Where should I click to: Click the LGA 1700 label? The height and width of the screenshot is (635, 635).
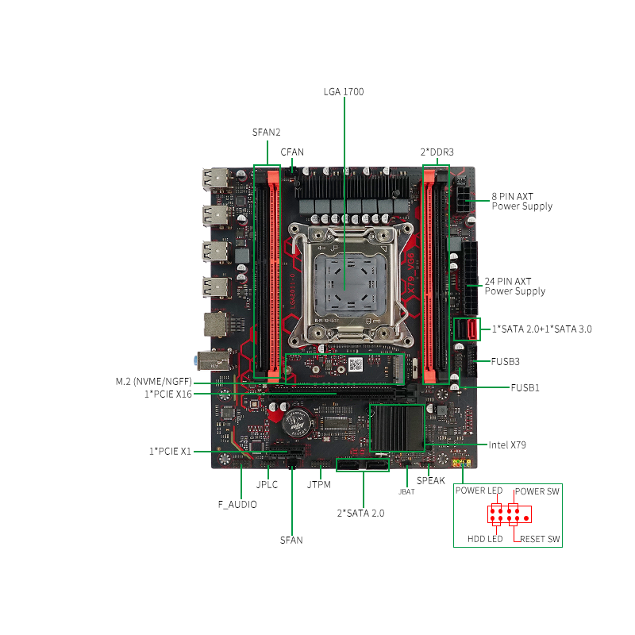[344, 92]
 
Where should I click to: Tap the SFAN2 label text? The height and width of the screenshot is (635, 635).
[266, 133]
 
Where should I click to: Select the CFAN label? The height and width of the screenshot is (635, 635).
[292, 152]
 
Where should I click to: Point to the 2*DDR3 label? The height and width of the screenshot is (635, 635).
[437, 152]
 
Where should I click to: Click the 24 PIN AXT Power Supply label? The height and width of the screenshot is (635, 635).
[514, 287]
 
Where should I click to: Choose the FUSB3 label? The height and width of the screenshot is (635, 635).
[505, 362]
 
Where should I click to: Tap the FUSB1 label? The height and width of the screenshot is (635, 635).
[525, 388]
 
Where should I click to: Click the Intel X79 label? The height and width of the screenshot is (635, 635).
[507, 445]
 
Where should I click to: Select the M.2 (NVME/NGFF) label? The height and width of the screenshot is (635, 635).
[153, 382]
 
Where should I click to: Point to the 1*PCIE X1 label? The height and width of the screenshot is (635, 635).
[170, 451]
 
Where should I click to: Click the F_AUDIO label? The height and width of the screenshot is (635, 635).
[237, 505]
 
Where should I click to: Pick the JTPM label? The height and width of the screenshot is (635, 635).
[319, 485]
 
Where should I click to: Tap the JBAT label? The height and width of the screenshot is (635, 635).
[406, 491]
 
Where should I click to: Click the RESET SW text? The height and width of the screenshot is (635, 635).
[540, 539]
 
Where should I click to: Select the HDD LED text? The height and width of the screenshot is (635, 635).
[485, 539]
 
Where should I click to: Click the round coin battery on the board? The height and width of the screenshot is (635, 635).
[298, 422]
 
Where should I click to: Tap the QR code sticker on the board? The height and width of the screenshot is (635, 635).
[356, 364]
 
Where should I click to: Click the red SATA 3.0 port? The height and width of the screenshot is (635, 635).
[472, 329]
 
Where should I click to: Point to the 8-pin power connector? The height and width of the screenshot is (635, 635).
[462, 199]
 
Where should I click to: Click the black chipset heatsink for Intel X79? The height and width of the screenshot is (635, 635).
[397, 428]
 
